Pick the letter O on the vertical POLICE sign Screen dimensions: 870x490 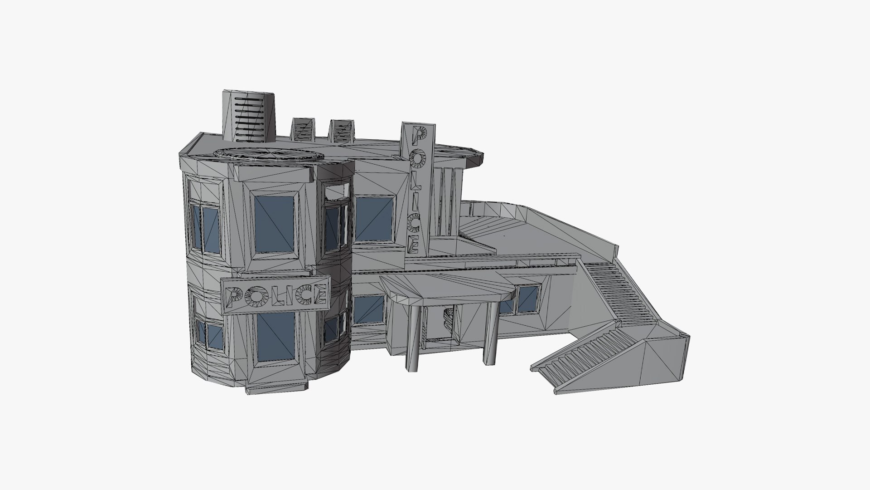(417, 157)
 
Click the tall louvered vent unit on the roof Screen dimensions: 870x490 (249, 117)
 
